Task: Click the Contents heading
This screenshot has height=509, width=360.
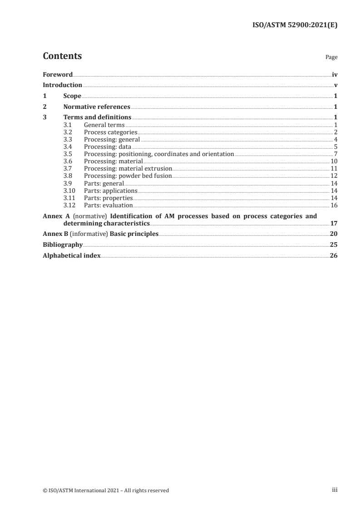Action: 62,56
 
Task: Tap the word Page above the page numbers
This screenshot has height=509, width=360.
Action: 331,58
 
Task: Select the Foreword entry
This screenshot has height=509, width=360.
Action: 58,74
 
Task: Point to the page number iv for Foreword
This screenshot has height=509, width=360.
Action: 334,74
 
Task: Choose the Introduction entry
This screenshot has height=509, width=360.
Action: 62,85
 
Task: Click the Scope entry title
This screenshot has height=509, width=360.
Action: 72,96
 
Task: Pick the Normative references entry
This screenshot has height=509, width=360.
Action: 97,107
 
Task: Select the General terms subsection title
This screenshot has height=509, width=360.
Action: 104,125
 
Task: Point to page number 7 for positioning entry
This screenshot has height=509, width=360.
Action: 335,154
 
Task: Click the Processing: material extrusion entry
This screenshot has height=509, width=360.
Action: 128,169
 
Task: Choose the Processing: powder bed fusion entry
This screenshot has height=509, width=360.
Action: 128,176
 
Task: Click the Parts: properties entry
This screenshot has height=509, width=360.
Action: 108,198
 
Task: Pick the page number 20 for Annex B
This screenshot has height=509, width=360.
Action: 333,234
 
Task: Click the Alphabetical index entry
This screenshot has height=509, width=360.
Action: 72,256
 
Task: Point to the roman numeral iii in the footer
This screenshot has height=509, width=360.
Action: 335,490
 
